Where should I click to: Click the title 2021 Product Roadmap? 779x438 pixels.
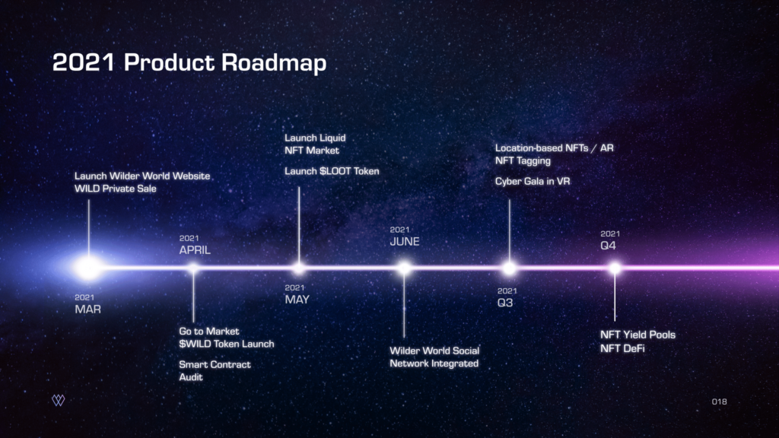(189, 63)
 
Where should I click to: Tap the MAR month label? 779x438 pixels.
(88, 309)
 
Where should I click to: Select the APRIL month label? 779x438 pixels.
(195, 250)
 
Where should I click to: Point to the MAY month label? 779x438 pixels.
(297, 300)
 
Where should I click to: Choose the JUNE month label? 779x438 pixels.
(405, 242)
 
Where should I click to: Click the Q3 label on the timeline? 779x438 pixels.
(505, 303)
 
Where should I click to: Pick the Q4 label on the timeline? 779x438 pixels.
(608, 246)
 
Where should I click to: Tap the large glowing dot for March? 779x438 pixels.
(89, 268)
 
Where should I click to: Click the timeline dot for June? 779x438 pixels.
(405, 268)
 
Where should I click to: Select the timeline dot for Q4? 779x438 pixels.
(615, 268)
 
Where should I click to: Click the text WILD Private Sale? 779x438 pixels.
(116, 189)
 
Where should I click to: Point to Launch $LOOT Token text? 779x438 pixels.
(332, 171)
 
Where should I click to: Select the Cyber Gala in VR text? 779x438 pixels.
(533, 181)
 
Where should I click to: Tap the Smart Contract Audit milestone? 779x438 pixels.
(215, 370)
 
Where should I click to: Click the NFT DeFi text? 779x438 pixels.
(622, 348)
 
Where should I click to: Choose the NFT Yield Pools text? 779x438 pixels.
(638, 335)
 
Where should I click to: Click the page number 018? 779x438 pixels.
(720, 401)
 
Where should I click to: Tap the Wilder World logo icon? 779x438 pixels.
(58, 400)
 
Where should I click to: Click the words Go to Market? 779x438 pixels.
(209, 332)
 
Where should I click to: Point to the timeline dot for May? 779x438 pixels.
(298, 268)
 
